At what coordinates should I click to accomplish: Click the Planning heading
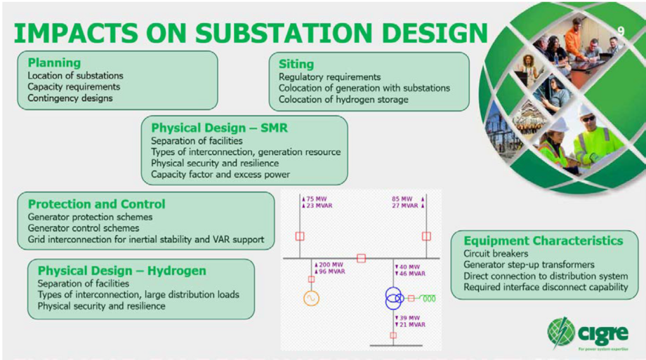pos(54,63)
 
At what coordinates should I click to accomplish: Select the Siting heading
pos(296,64)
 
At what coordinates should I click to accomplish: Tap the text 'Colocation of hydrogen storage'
pos(343,100)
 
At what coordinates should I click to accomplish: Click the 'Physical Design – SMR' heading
pos(219,128)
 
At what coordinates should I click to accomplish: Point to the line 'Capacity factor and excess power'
pos(220,174)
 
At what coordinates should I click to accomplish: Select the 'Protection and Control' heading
pos(96,204)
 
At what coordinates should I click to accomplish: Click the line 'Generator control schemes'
pos(84,228)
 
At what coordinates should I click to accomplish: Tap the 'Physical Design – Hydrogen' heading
pos(121,270)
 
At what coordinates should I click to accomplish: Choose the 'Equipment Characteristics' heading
pos(543,241)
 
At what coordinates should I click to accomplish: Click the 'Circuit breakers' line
pos(496,253)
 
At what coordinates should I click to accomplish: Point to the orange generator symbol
pos(311,298)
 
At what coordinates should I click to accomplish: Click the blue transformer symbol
pos(395,299)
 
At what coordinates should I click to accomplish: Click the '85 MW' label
pos(402,199)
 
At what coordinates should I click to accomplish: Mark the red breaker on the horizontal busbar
pos(361,258)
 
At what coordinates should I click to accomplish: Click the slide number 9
pos(621,31)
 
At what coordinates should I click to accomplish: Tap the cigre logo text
pos(600,330)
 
